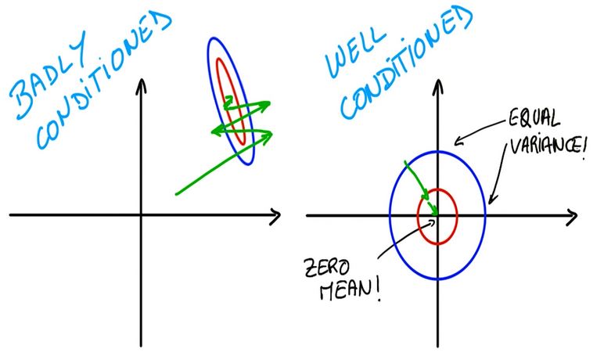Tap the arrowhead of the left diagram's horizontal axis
275,215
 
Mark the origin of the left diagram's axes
141,214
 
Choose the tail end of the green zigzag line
177,193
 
